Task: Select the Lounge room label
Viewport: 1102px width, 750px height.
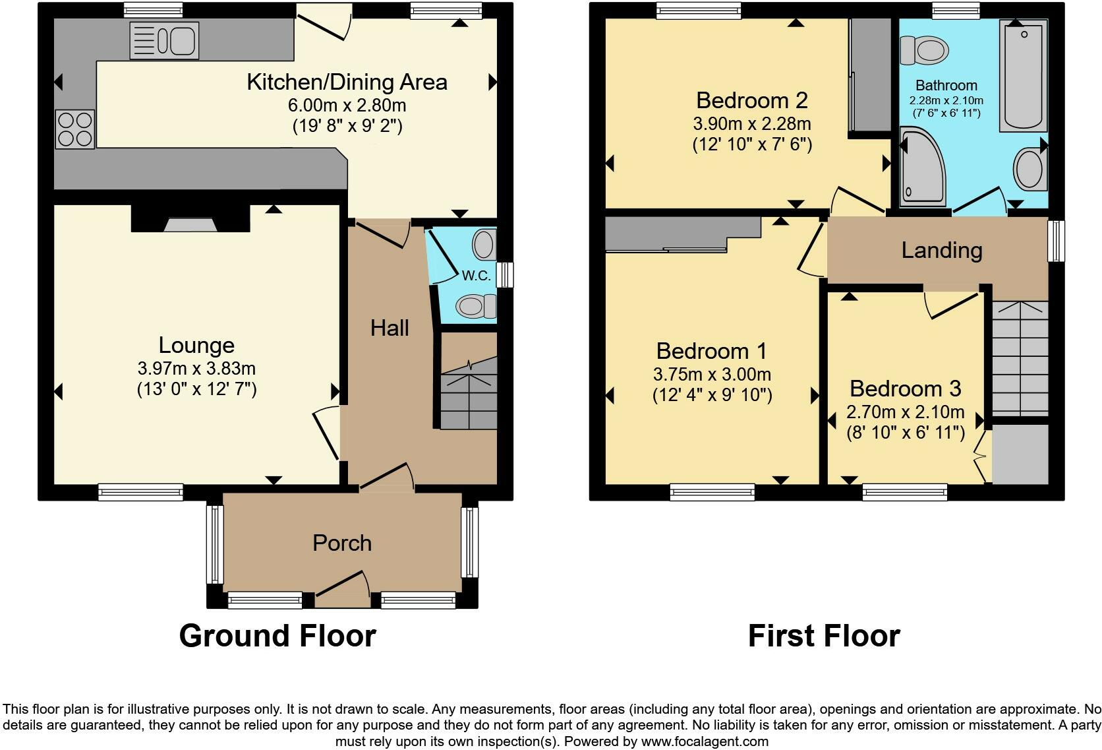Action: coord(196,345)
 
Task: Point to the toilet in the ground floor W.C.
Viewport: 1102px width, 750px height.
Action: coord(477,306)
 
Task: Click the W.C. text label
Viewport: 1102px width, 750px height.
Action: coord(476,276)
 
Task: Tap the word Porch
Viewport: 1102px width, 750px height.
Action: coord(342,543)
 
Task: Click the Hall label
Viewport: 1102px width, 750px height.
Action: coord(390,328)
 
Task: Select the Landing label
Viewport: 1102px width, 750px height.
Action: coord(942,250)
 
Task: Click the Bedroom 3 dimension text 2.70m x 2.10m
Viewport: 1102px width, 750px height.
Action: coord(906,412)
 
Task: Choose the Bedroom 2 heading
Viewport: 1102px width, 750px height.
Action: coord(752,100)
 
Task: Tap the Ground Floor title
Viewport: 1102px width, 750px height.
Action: coord(277,636)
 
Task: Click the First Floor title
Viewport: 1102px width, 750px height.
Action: coord(824,636)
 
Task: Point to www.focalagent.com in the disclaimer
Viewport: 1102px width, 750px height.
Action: coord(704,741)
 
